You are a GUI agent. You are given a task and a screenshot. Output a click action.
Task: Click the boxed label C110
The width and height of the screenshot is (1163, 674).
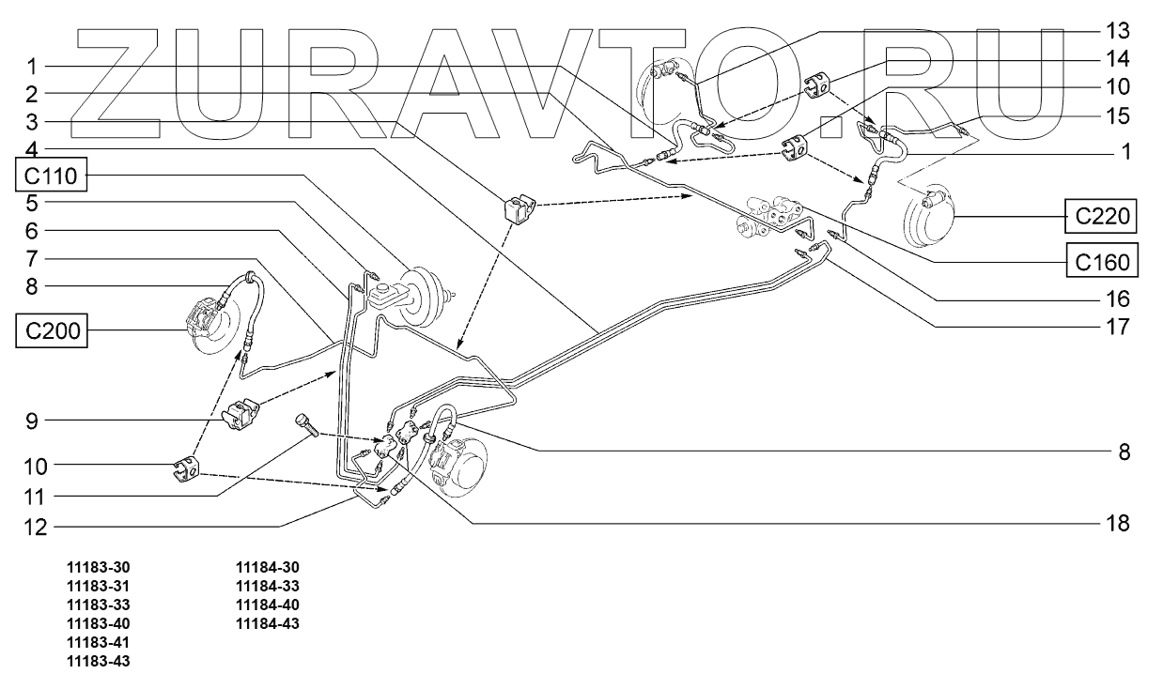coord(51,176)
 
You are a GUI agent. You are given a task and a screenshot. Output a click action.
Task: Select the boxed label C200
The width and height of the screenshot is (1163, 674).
coord(52,330)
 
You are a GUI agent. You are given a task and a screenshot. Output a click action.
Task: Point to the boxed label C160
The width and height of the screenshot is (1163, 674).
coord(1103,262)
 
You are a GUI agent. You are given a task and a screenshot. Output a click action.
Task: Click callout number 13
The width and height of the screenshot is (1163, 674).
coord(1117,31)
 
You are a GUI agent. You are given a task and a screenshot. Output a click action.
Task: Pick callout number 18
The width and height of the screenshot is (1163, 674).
coord(1117,524)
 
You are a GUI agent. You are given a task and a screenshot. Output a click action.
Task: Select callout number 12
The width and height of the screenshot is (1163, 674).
coord(36,528)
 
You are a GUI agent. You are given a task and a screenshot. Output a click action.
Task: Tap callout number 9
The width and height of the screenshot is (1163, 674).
coord(32,421)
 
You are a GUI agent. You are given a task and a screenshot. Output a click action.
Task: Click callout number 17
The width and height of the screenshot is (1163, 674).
coord(1117,327)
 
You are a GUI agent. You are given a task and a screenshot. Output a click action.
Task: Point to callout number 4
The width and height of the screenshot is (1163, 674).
coord(32,150)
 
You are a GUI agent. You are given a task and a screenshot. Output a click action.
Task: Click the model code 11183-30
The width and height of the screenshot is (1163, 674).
coord(98,567)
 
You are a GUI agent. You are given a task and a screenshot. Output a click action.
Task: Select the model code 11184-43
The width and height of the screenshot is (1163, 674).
coord(268,623)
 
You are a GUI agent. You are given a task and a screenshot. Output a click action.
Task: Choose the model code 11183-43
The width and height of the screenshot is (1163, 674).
coord(98,661)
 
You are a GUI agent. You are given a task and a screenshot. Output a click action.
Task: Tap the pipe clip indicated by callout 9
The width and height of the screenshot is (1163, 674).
coord(240,414)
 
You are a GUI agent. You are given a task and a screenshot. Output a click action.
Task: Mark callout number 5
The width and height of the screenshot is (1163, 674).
coord(32,204)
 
